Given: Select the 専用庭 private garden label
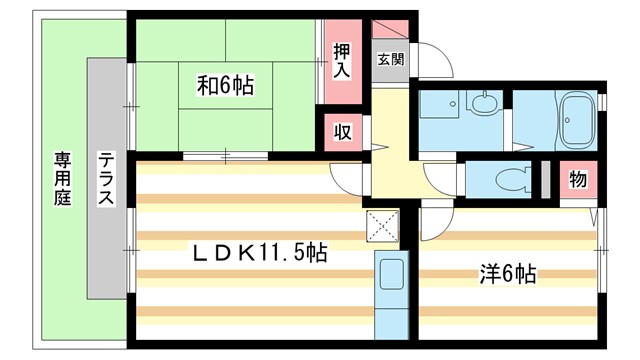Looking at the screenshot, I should point(63,181).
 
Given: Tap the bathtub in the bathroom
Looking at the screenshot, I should point(576,120).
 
